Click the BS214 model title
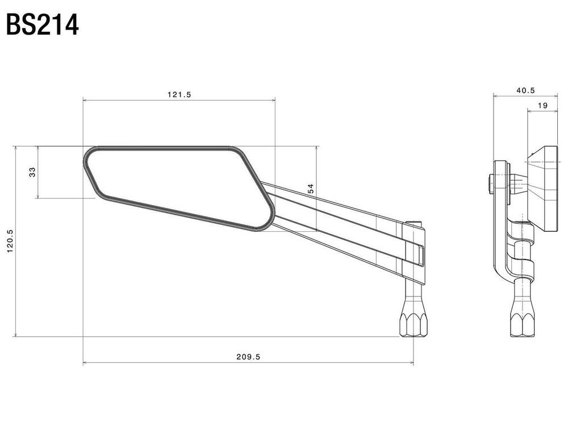[43, 25]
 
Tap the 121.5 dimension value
[179, 94]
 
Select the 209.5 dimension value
[249, 357]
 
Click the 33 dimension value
[32, 172]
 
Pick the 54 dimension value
[311, 189]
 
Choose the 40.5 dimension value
[525, 90]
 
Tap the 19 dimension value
[542, 106]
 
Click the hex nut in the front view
[413, 323]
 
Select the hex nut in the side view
[523, 323]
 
